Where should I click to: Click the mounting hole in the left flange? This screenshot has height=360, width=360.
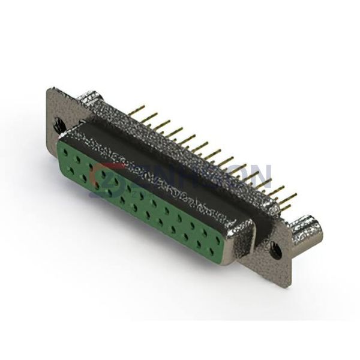[x=59, y=125]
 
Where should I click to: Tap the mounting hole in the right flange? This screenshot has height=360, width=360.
[x=275, y=245]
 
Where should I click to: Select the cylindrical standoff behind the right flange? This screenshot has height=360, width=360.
[x=307, y=230]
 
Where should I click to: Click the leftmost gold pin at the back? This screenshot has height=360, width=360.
[x=142, y=109]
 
